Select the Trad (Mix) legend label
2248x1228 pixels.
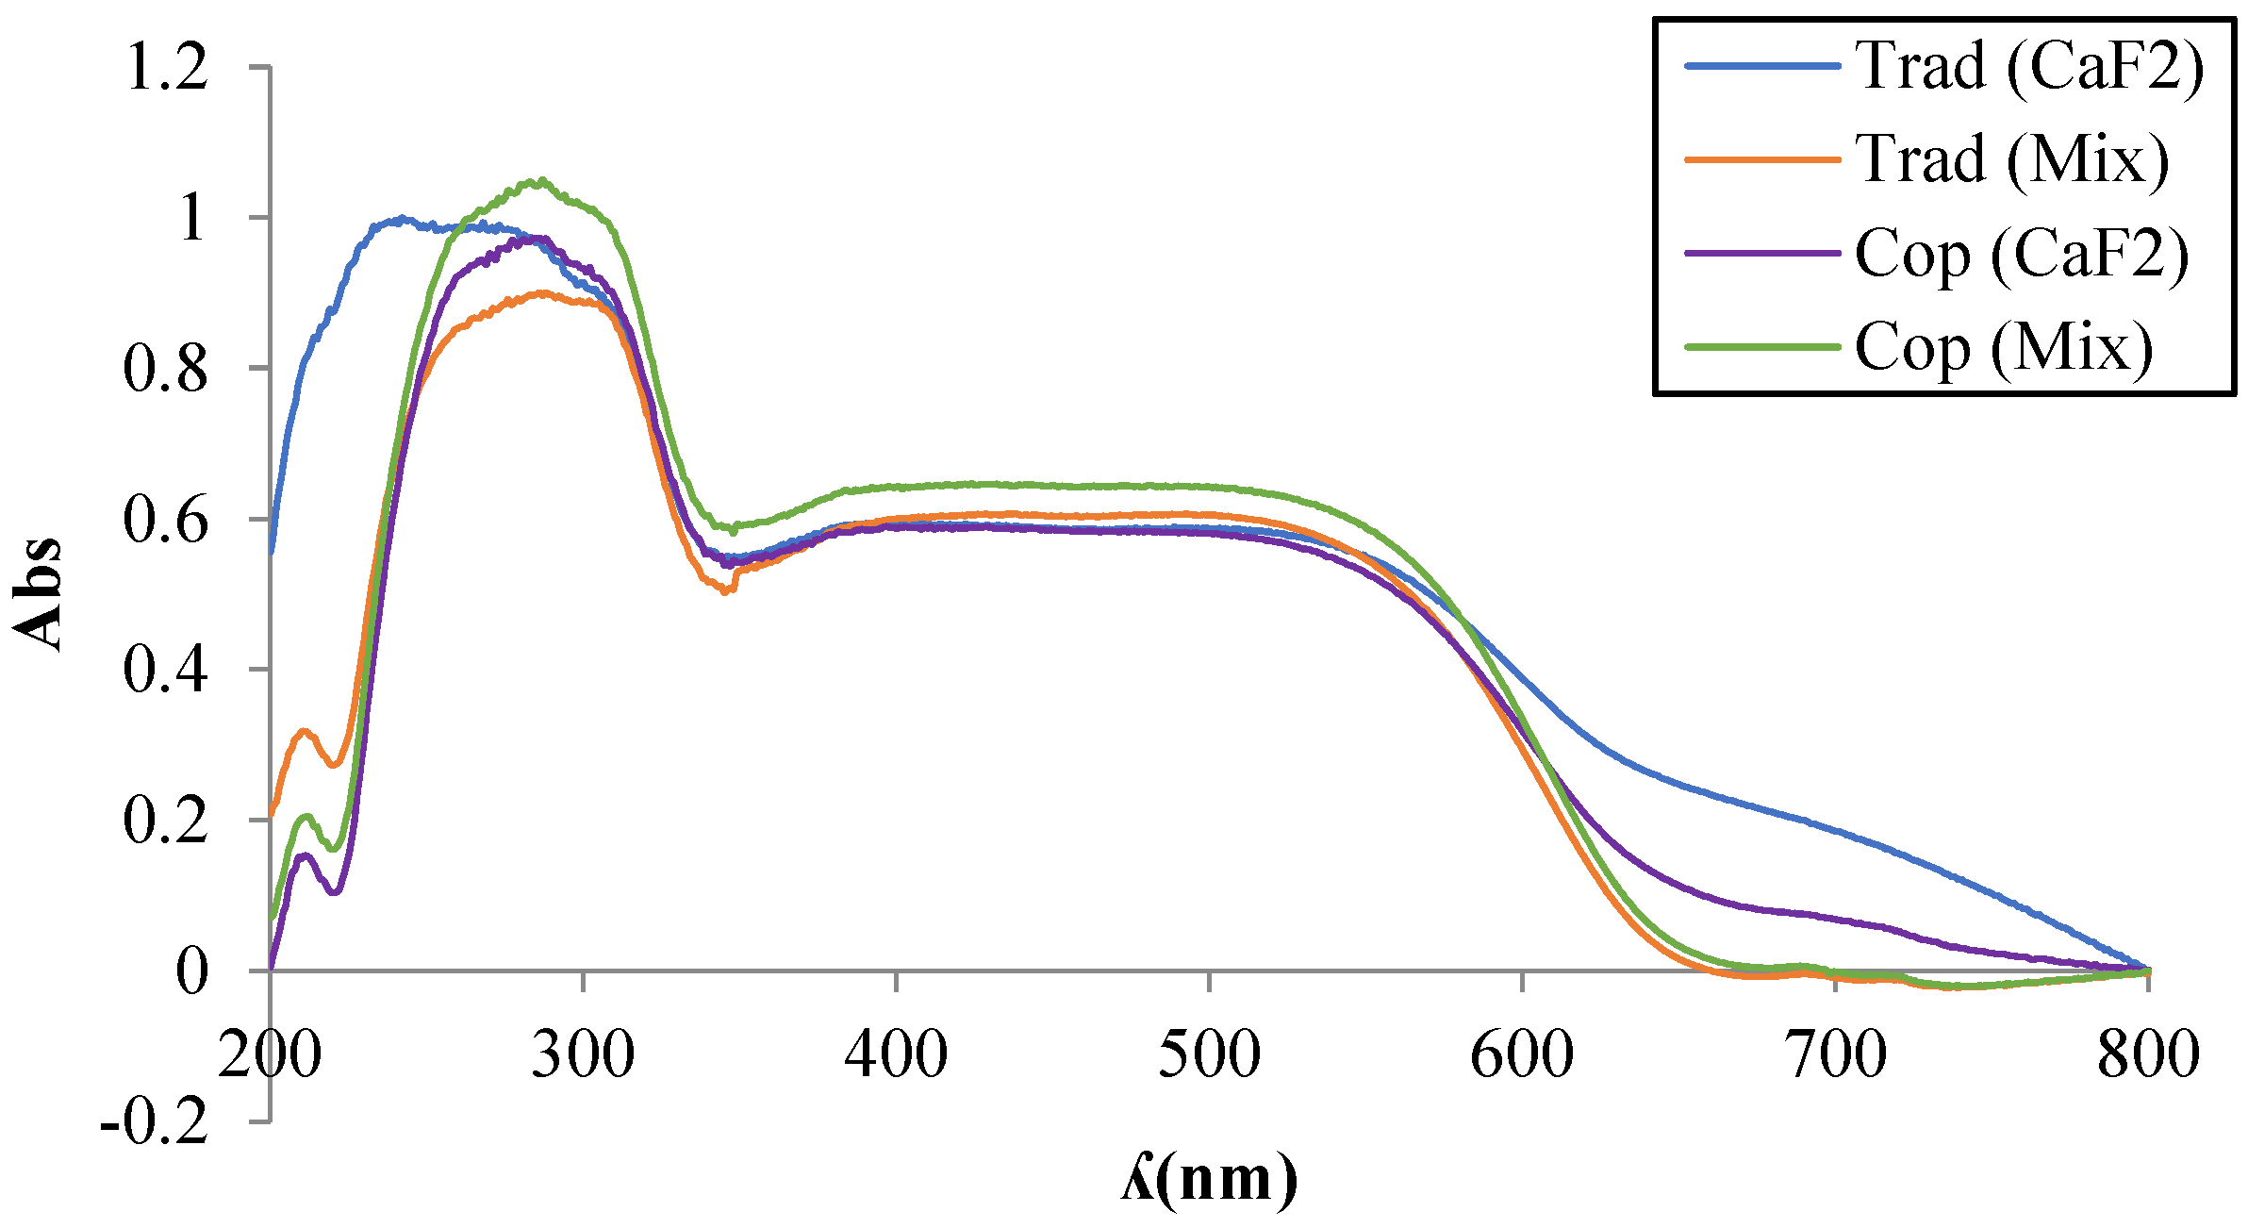click(2012, 160)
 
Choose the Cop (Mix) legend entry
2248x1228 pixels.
click(2005, 348)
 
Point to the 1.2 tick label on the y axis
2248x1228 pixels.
click(166, 68)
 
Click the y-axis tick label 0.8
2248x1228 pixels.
click(166, 369)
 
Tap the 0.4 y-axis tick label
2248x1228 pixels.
click(166, 671)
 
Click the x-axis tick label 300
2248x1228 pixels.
click(583, 1054)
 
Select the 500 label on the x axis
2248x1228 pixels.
click(1209, 1054)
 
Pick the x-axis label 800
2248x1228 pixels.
click(2148, 1054)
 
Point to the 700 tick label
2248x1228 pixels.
click(1836, 1054)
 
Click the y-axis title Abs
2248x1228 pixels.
click(38, 594)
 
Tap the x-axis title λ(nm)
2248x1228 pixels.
click(1209, 1179)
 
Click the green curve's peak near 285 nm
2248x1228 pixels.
click(539, 181)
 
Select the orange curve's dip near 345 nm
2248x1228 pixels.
click(724, 591)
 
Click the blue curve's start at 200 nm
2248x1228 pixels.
click(272, 552)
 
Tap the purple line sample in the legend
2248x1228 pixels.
click(1761, 254)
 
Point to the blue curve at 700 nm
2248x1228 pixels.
click(1836, 830)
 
